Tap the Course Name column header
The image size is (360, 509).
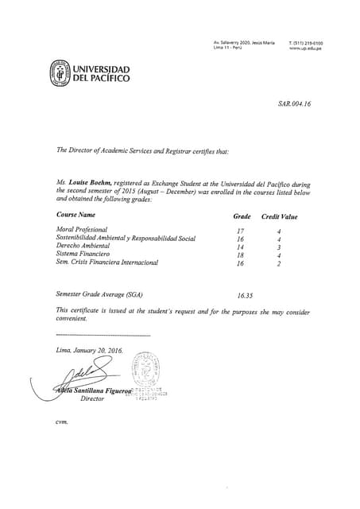(x=75, y=215)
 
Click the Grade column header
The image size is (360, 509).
(x=242, y=216)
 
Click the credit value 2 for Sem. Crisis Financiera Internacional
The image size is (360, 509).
(x=279, y=263)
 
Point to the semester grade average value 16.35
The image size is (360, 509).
(x=245, y=295)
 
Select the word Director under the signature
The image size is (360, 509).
(x=92, y=398)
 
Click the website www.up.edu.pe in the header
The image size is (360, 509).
(x=305, y=48)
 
